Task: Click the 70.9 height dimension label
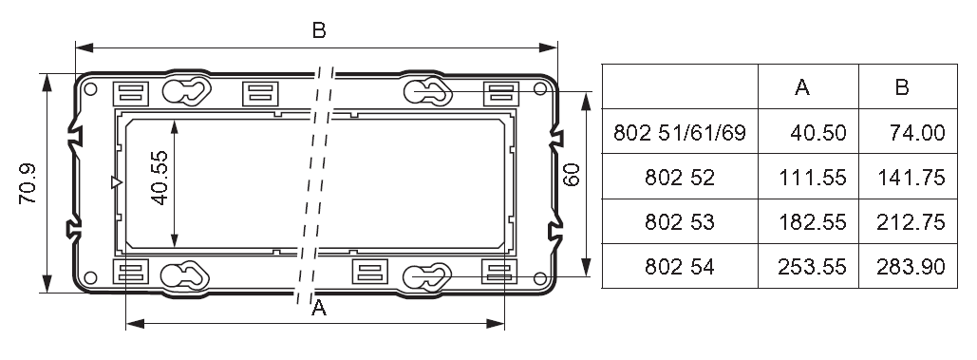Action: [28, 183]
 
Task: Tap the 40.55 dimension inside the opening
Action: [160, 178]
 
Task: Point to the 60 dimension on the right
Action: [571, 175]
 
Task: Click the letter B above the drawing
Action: [319, 30]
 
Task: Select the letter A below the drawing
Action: [319, 308]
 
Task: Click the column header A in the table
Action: [802, 87]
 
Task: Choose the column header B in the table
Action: [902, 87]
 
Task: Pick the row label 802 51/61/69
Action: [680, 133]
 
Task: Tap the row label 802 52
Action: [680, 178]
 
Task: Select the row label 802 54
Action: [680, 267]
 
